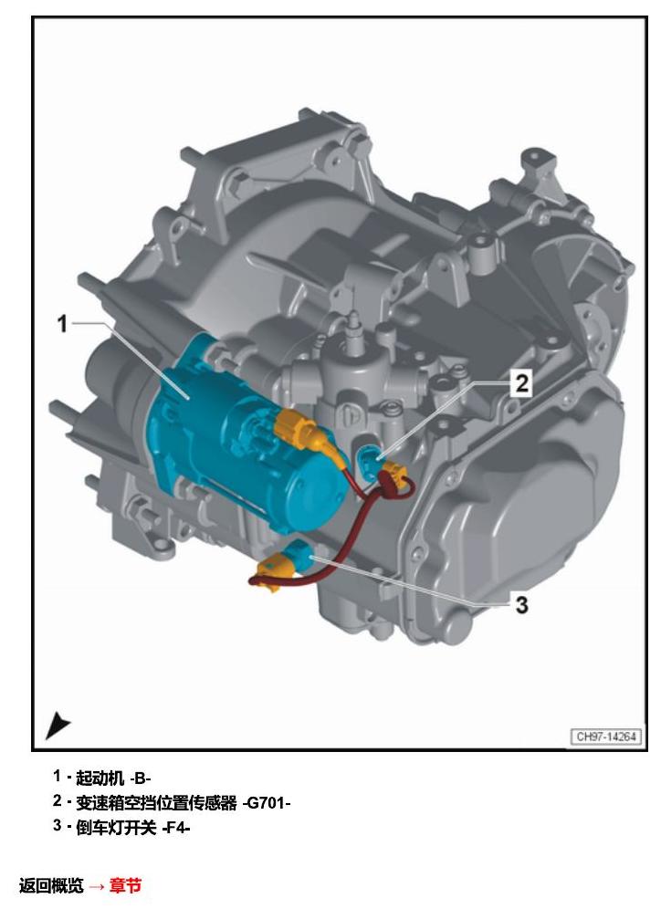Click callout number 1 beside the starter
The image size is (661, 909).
tap(63, 323)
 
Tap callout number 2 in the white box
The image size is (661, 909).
tap(522, 383)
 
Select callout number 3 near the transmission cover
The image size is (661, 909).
tap(522, 605)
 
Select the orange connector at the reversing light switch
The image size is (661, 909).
tap(271, 571)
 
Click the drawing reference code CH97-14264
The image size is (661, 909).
tap(606, 737)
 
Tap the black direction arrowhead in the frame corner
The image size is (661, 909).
tap(57, 726)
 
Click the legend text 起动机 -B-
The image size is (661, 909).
tap(113, 778)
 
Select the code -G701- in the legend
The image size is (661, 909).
tap(267, 803)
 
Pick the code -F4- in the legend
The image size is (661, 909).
tap(176, 827)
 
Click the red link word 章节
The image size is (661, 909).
tap(125, 885)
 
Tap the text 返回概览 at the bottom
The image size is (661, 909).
tap(51, 885)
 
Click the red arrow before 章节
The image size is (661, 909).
tap(97, 886)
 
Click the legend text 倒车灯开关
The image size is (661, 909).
tap(116, 827)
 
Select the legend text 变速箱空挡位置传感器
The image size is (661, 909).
tap(156, 803)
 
